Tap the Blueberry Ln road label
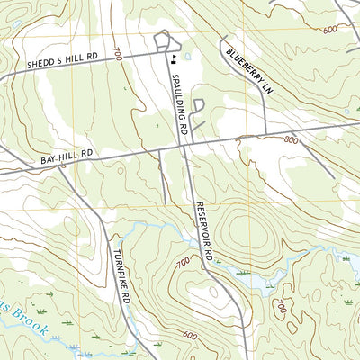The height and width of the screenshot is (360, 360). click(x=247, y=70)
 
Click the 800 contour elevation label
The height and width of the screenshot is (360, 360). click(x=290, y=140)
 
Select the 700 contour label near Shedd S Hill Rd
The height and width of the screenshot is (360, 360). click(x=117, y=56)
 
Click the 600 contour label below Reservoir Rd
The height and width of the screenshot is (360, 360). click(x=190, y=335)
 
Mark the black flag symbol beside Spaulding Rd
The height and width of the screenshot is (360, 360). click(x=171, y=60)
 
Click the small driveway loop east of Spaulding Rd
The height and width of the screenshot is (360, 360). click(x=199, y=105)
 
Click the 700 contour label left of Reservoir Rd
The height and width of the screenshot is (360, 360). click(x=184, y=262)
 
